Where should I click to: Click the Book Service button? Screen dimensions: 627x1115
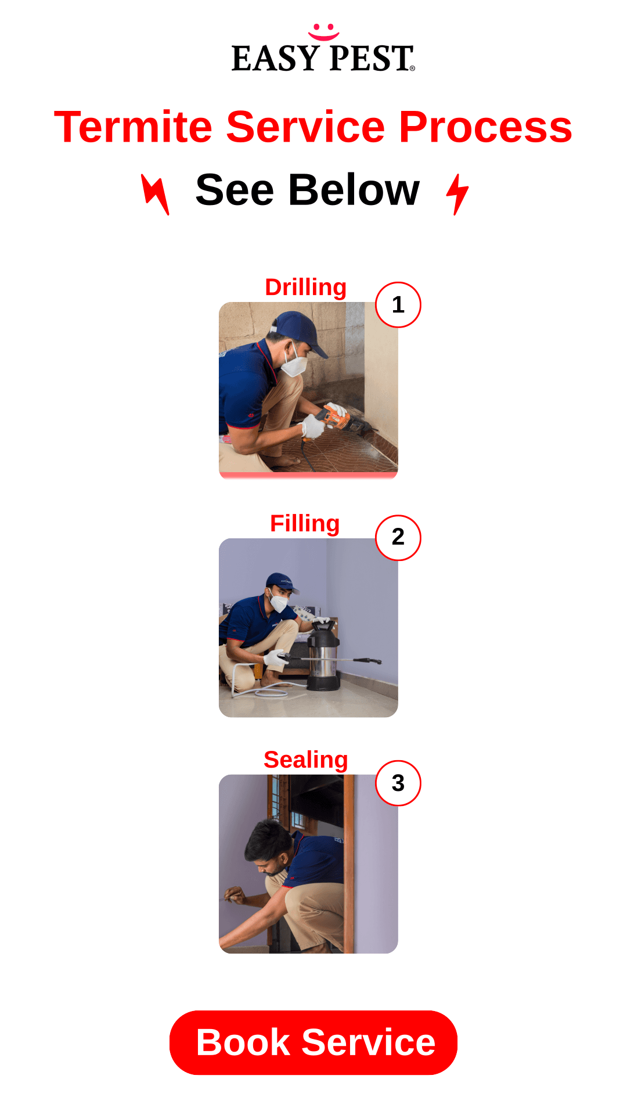[313, 1042]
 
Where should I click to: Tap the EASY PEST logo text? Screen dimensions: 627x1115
[323, 59]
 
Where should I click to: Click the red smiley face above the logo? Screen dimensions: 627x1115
[323, 33]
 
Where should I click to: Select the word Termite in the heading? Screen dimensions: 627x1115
[134, 127]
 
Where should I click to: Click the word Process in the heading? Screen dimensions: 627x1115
[485, 128]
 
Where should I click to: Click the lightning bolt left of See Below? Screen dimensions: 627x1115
[156, 195]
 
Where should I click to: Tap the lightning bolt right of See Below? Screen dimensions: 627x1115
[457, 195]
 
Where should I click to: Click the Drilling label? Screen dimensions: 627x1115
[306, 287]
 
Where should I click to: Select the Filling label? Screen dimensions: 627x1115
[305, 524]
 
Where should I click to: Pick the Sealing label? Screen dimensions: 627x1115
[306, 760]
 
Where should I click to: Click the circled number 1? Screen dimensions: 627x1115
[398, 305]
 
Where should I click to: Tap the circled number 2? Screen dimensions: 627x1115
[398, 538]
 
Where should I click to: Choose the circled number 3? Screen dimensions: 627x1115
[398, 783]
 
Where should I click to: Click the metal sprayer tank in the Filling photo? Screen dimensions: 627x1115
[323, 656]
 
